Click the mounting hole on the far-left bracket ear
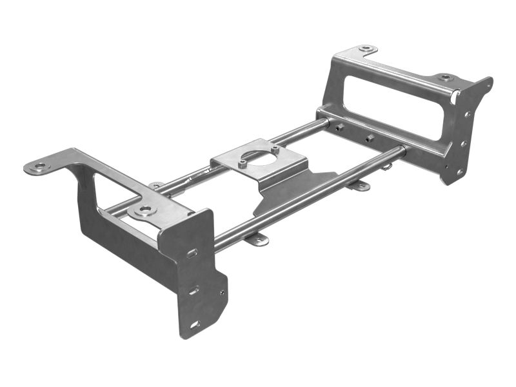pos(40,166)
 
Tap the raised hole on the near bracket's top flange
pos(144,210)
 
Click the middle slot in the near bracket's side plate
pos(193,290)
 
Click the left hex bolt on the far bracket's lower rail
pos(338,128)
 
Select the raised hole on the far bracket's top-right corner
pos(445,77)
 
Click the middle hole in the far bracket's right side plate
pos(463,144)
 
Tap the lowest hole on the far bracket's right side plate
pos(459,172)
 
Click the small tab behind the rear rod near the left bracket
pos(155,186)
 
